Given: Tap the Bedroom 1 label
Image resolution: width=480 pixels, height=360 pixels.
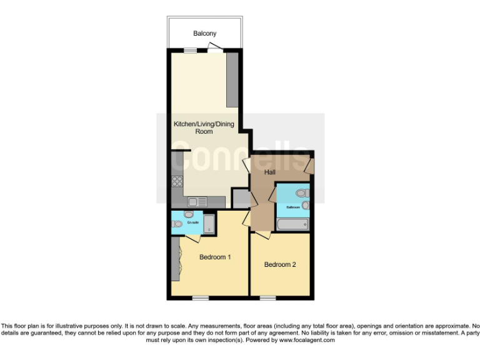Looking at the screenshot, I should (x=215, y=257).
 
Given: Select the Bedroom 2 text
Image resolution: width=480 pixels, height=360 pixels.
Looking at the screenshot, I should (x=279, y=264).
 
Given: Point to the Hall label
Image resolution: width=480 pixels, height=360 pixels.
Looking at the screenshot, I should (x=270, y=172).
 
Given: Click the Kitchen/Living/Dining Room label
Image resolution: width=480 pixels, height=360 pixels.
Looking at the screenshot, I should (x=204, y=128).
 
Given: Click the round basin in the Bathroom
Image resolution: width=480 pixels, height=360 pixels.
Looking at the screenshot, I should (x=305, y=205).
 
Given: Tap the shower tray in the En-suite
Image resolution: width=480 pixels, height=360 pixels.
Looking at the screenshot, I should (x=209, y=224).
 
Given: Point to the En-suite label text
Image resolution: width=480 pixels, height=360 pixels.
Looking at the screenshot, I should (x=192, y=222).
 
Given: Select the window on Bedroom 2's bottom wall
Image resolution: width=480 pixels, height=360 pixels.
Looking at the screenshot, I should (x=267, y=297).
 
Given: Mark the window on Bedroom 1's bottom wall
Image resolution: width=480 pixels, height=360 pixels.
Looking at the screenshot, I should (x=201, y=297).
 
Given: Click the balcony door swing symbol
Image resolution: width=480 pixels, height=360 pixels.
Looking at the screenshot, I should (x=214, y=47).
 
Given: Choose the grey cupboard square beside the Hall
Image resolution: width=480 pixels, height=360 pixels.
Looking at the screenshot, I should (x=241, y=199).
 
